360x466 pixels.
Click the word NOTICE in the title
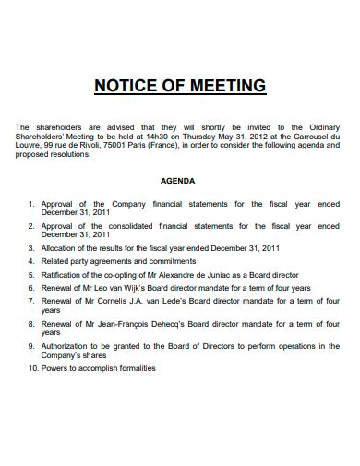[125, 87]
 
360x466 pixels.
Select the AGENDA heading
[178, 181]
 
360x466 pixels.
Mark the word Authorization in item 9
[66, 345]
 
